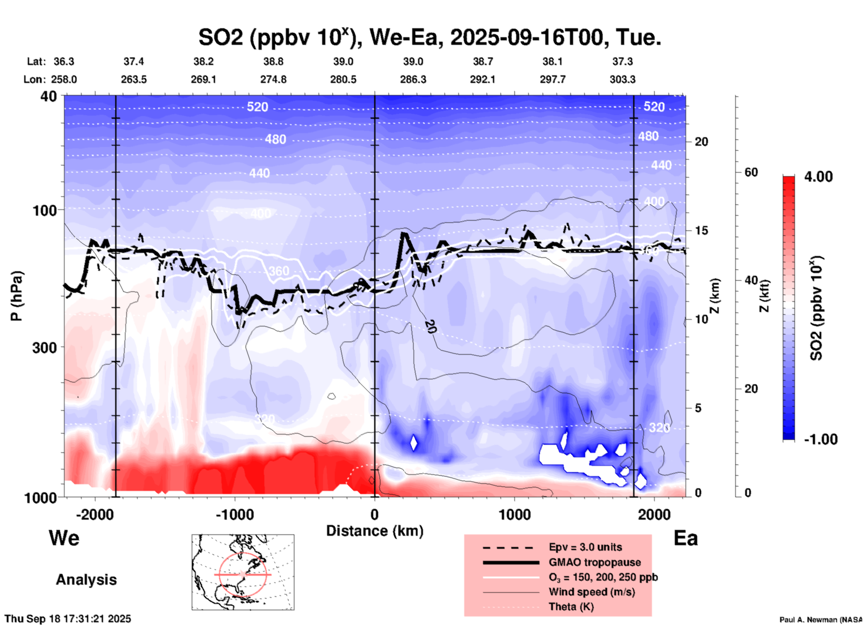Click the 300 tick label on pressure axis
pos(45,347)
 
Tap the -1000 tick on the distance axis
pos(235,514)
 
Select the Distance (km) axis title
pos(375,531)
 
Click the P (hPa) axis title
pos(17,296)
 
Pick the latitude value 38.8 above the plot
pos(273,61)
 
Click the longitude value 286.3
pos(413,79)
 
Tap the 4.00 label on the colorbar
pos(818,176)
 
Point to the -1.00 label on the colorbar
pos(820,439)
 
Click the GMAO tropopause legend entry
pos(595,562)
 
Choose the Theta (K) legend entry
pos(571,607)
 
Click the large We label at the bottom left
pos(64,538)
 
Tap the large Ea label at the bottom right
pos(686,538)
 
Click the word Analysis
pos(86,579)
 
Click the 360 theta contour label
pos(279,271)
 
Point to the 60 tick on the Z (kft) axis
pos(751,172)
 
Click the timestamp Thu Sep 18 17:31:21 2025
pos(68,619)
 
